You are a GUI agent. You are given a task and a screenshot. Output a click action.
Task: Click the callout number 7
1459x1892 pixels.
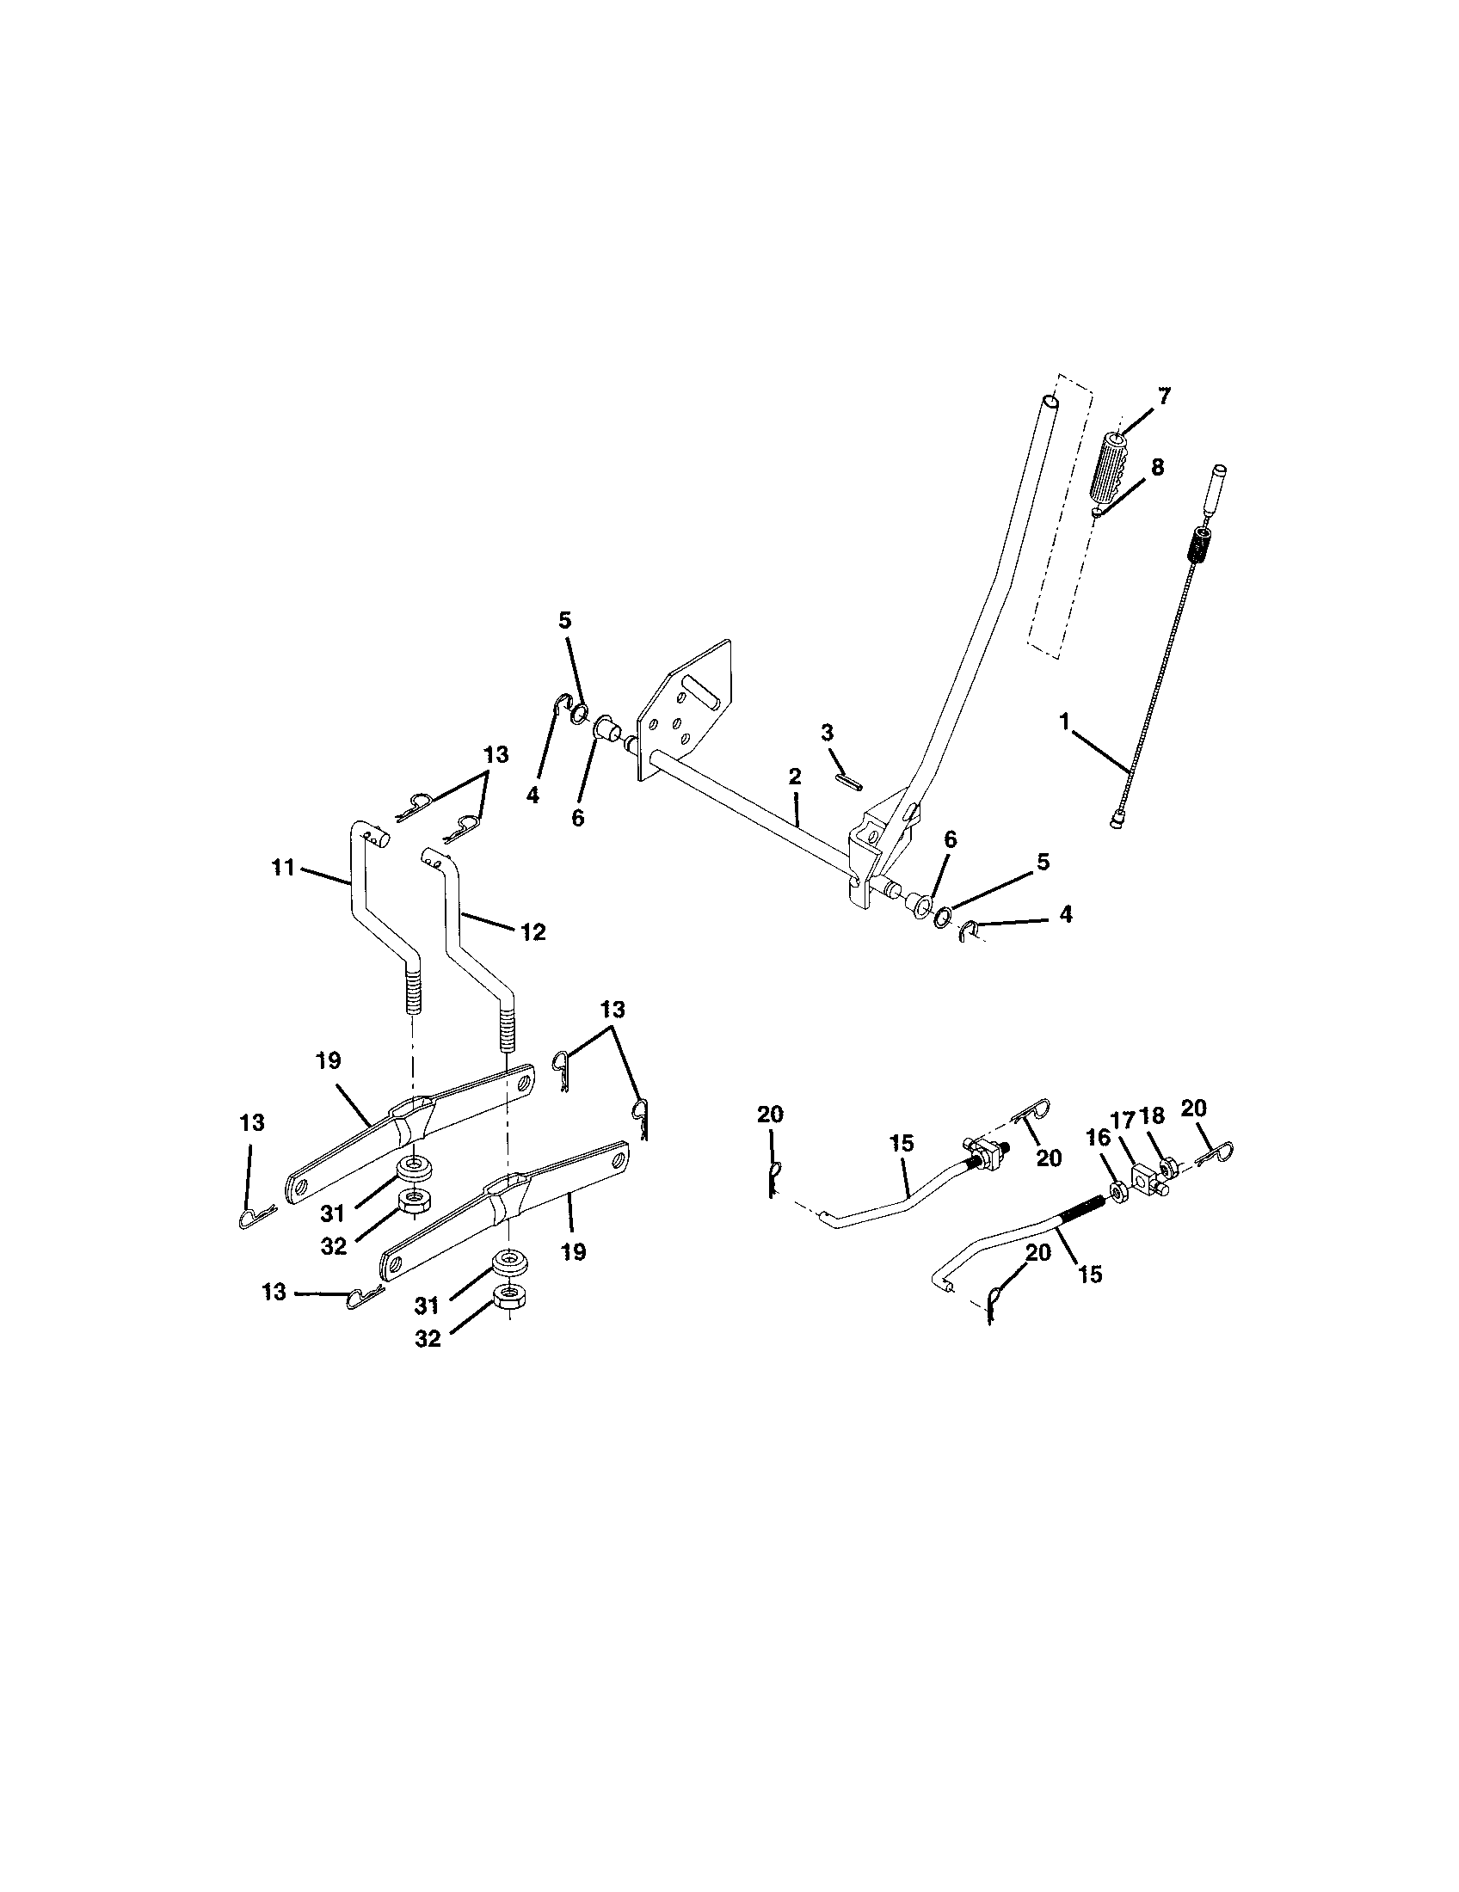1163,396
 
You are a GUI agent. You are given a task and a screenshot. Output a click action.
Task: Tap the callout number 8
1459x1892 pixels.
1157,467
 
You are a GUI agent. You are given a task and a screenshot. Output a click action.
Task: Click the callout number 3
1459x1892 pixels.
827,733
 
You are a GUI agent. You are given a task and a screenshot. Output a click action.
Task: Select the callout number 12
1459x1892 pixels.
533,932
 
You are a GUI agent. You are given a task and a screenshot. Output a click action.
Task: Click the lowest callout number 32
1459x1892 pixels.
428,1338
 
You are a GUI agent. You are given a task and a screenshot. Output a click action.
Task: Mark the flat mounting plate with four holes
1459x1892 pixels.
685,710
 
